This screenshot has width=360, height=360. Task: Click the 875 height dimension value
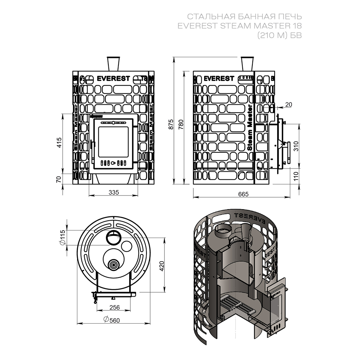tap(171, 124)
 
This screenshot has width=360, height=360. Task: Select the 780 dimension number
tap(181, 124)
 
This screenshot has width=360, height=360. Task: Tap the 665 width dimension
tap(244, 194)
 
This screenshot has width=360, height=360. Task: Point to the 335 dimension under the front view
tap(113, 192)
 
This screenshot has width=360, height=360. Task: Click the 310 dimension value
tap(296, 145)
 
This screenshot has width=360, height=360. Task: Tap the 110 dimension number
tap(296, 176)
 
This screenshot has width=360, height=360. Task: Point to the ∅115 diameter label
tap(63, 238)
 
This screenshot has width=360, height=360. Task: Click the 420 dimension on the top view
tap(162, 266)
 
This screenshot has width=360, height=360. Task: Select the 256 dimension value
tap(114, 307)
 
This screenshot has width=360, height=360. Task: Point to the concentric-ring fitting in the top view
tap(114, 265)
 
